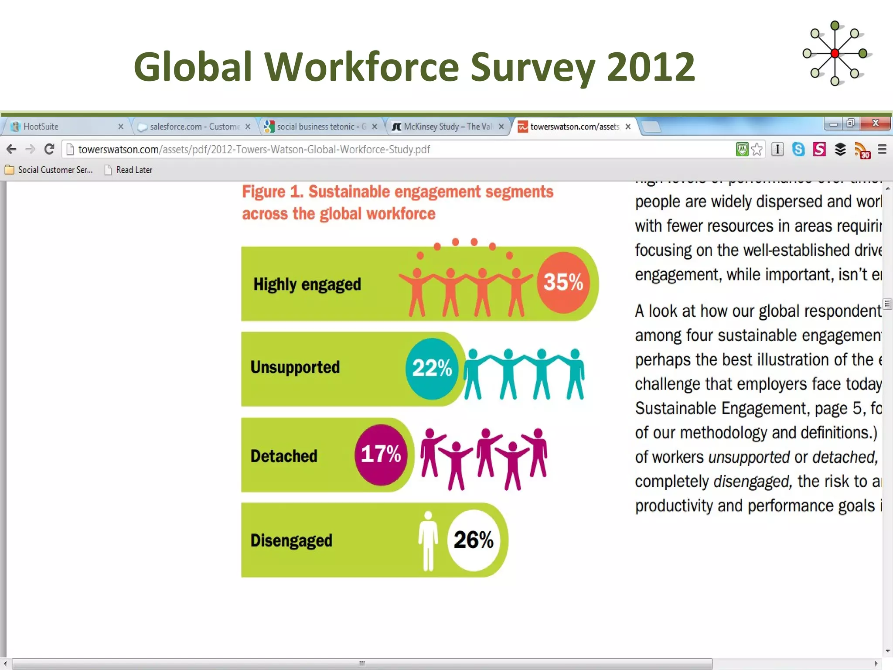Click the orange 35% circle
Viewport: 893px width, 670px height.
pos(563,282)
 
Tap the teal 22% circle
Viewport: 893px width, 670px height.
pos(432,368)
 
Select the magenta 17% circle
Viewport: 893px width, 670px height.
pos(381,455)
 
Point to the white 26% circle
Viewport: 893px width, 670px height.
pos(474,540)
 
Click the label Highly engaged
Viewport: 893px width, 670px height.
pos(307,284)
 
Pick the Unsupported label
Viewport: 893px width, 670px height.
pos(295,367)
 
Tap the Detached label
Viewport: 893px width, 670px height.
pos(284,456)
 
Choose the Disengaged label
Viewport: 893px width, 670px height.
pos(291,540)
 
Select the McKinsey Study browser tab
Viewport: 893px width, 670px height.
pos(447,126)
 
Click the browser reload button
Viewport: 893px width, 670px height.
pos(49,149)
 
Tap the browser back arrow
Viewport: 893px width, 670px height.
pos(11,149)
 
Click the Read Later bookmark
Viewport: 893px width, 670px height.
pos(134,170)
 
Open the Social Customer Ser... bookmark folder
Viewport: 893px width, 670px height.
pos(55,170)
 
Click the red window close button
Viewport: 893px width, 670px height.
pos(875,123)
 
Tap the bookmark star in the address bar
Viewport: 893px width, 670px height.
pos(757,149)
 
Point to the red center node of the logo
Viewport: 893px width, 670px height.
pos(835,54)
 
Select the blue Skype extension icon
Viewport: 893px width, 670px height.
pos(798,149)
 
